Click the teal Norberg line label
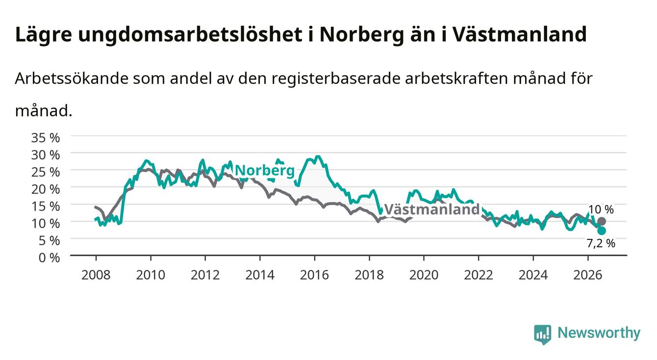(265, 171)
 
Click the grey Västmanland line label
(432, 209)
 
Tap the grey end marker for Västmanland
(602, 221)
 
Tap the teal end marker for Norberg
(602, 231)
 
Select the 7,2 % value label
(601, 243)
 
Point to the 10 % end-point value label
(601, 209)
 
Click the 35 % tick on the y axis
(46, 138)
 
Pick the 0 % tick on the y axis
(49, 257)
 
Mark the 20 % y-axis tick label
(46, 189)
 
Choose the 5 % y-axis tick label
(49, 241)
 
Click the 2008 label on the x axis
(96, 275)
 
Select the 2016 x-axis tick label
(314, 275)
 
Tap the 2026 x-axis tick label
(588, 275)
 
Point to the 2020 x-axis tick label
(424, 275)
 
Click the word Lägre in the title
(44, 35)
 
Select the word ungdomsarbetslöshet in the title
(190, 35)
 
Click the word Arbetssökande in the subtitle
(72, 78)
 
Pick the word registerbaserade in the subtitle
(335, 79)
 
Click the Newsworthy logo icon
(543, 334)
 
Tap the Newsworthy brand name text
(599, 333)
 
